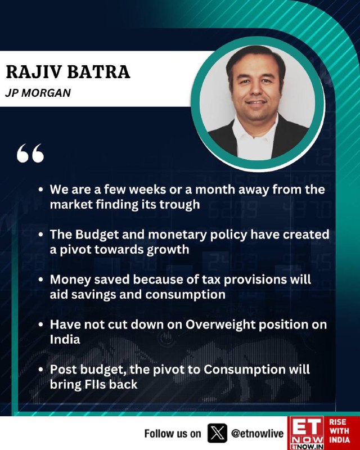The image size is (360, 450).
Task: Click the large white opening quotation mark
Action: point(30,153)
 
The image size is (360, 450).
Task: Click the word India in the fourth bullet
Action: point(65,340)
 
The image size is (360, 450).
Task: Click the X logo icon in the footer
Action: point(217,433)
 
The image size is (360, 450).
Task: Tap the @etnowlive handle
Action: point(257,433)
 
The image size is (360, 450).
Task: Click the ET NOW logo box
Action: point(307,433)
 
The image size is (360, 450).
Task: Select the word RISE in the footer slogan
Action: point(338,422)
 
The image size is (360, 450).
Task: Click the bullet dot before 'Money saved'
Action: point(41,280)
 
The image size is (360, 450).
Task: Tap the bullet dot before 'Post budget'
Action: point(41,370)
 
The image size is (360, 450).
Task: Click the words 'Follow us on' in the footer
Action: point(173,433)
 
